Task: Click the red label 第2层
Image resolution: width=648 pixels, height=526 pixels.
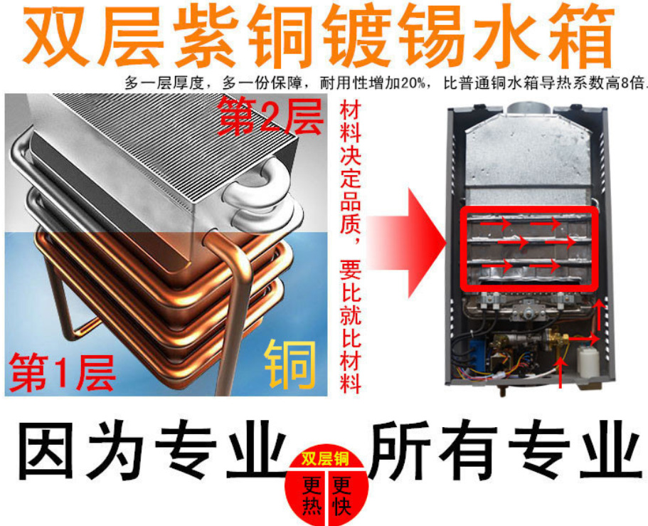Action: tap(270, 116)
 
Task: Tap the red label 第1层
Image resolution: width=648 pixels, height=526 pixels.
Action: tap(62, 372)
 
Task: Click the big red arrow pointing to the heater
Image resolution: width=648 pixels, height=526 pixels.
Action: tap(407, 243)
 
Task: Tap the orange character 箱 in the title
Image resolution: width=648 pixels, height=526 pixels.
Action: tap(578, 37)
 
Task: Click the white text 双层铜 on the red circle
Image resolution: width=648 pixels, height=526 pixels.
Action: tap(325, 459)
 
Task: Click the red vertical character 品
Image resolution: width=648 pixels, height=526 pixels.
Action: tap(350, 203)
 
